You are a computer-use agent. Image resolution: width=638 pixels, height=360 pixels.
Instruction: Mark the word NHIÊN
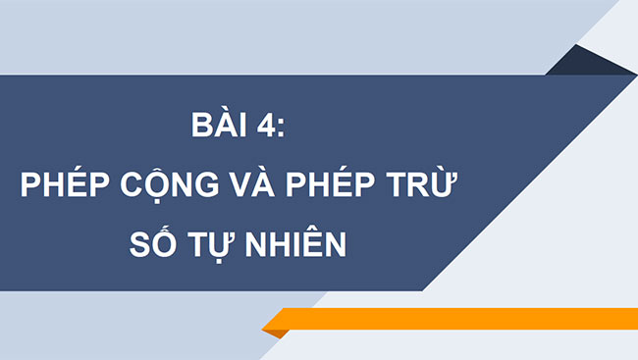pos(299,244)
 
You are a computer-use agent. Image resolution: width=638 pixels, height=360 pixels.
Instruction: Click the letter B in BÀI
pos(199,129)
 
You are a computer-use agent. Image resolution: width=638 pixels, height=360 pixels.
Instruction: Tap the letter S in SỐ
pos(141,244)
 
